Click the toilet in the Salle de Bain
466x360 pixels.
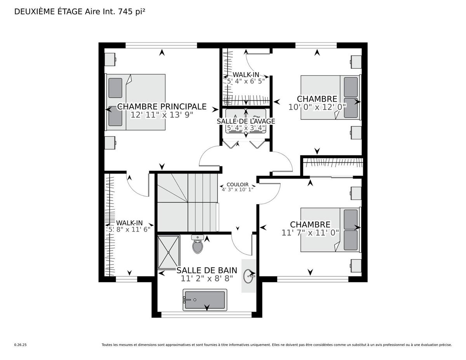coord(198,244)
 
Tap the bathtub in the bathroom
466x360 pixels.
coord(205,300)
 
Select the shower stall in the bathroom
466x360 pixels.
coord(169,252)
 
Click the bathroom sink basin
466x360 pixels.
coord(249,276)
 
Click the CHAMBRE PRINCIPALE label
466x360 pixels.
coord(162,106)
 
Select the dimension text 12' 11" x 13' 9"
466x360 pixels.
coord(162,115)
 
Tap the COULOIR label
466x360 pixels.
coord(237,184)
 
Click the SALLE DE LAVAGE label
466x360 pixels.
coord(245,121)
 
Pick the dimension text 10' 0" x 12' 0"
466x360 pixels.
coord(317,107)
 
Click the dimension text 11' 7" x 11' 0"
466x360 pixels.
coord(310,233)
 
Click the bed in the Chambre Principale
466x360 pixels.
coord(136,102)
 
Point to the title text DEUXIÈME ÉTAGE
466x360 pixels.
coord(49,12)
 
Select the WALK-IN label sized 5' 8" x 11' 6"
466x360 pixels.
coord(129,223)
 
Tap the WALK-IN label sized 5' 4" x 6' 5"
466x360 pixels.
coord(245,74)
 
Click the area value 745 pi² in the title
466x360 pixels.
coord(130,12)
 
